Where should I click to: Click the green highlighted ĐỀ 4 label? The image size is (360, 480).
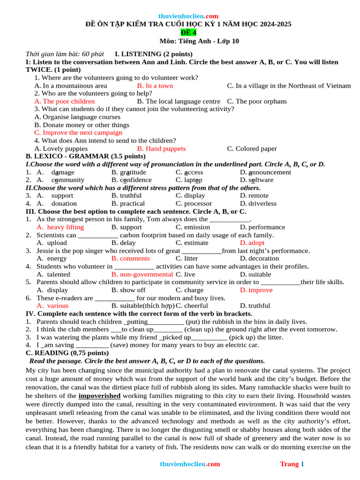click(189, 32)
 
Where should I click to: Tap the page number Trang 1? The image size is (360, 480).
click(292, 464)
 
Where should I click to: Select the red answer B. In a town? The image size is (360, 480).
click(155, 86)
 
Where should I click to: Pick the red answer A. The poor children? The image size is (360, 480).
click(65, 101)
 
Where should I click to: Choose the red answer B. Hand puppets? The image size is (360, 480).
click(161, 149)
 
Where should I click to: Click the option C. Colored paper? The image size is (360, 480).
click(252, 149)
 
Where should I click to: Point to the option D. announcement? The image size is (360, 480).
click(265, 172)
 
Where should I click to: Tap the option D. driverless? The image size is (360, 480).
click(258, 203)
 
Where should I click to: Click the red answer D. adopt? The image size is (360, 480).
click(252, 243)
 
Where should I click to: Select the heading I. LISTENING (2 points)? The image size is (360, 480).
click(153, 54)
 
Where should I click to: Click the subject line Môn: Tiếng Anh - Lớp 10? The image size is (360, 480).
click(199, 41)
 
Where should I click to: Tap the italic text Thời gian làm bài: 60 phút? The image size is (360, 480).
click(65, 54)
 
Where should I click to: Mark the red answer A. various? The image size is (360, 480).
click(52, 306)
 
